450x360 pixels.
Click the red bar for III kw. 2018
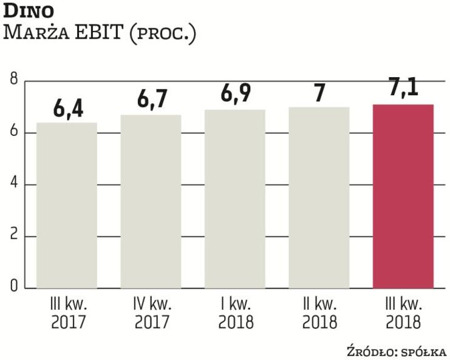[403, 196]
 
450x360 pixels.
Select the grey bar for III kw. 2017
[66, 205]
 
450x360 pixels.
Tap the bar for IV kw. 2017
[151, 202]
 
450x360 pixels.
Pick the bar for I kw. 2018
[234, 199]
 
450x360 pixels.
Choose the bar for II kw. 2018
[319, 197]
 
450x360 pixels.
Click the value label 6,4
[67, 109]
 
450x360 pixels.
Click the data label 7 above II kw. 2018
[319, 93]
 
